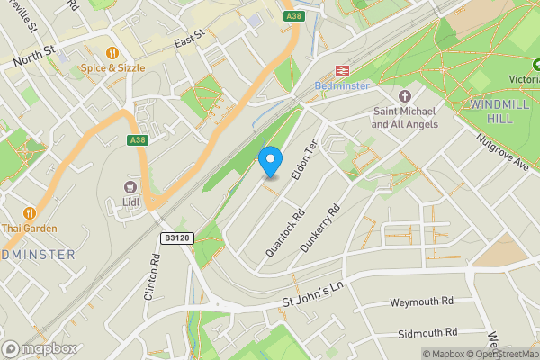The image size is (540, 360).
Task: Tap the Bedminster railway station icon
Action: tap(342, 70)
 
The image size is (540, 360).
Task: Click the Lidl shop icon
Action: tap(131, 186)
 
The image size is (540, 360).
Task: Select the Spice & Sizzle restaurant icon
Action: tap(112, 53)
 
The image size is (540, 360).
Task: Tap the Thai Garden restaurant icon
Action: tap(30, 213)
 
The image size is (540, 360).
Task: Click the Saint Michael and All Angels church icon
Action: tap(405, 96)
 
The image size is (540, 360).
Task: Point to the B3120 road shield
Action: tap(177, 238)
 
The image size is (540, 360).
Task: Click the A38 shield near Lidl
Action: tap(137, 140)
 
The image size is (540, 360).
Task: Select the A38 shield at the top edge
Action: tap(292, 15)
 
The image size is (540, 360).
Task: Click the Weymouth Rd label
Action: tap(422, 301)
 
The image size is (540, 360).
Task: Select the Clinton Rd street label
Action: tap(151, 275)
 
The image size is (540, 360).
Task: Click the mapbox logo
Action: tap(40, 348)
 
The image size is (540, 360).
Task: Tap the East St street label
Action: tap(190, 38)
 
